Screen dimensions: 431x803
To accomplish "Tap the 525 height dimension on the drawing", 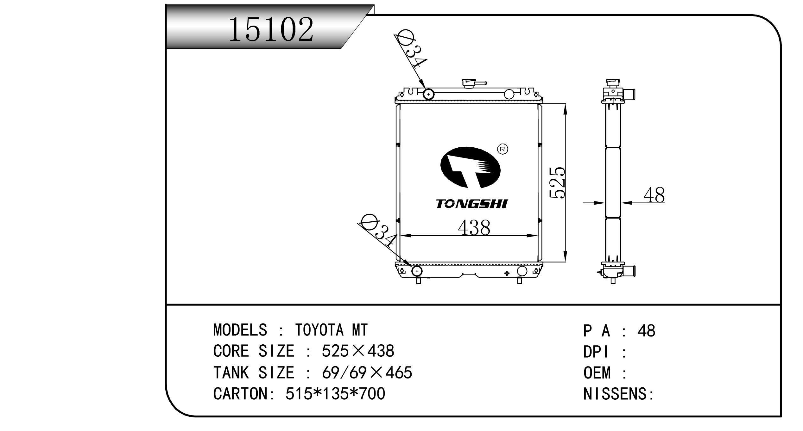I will [557, 182].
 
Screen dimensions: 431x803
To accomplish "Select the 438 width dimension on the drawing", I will [474, 227].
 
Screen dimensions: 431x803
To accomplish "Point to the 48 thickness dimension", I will [654, 195].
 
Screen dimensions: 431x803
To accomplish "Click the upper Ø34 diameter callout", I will [412, 52].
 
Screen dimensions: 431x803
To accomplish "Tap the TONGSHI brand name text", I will [471, 204].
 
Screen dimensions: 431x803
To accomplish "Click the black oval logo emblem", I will [470, 168].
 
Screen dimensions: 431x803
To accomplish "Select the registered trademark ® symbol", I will [503, 149].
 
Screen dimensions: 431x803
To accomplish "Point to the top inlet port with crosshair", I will [428, 94].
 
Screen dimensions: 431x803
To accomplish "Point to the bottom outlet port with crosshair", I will [417, 271].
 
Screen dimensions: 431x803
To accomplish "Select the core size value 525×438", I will [358, 351].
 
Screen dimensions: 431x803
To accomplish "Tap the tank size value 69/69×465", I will [367, 373].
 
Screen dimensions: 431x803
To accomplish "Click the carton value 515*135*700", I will [335, 394].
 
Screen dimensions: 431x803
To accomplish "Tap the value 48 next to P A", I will [646, 331].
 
